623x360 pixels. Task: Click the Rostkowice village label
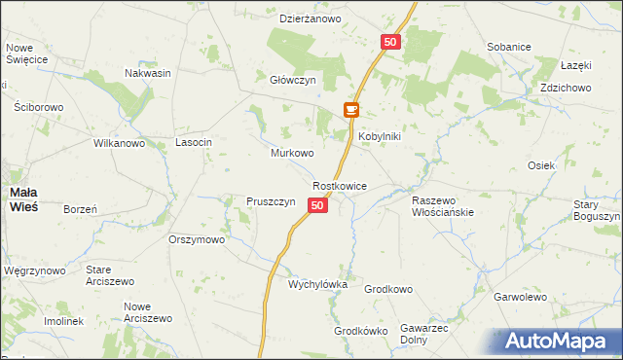coord(339,185)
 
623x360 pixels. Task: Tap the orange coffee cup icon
coord(350,112)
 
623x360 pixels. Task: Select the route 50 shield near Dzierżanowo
coord(389,42)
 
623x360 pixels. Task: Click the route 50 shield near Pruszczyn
coord(317,204)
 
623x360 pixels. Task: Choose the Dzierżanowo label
coord(310,18)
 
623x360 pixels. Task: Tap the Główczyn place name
coord(293,81)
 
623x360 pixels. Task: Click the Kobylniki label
coord(380,137)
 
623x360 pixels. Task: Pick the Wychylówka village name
coord(317,284)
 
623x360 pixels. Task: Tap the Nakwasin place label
coord(148,73)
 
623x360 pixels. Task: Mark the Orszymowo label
coord(197,239)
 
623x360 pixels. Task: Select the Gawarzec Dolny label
coord(423,335)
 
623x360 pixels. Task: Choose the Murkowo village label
coord(291,154)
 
